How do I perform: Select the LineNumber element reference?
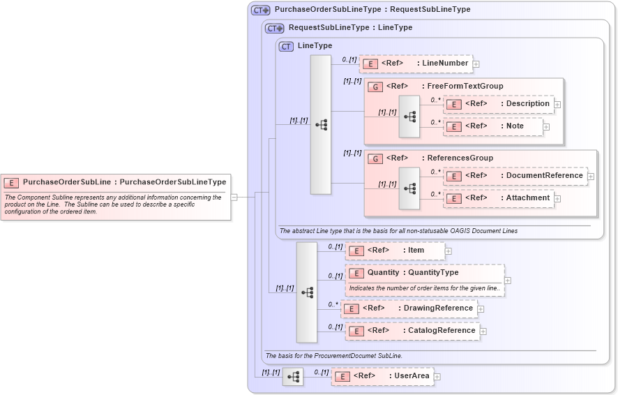point(416,64)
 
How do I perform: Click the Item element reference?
point(395,251)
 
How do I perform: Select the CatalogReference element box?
point(412,331)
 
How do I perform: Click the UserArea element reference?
point(382,376)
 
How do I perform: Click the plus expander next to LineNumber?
point(476,64)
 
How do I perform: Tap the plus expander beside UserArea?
point(437,377)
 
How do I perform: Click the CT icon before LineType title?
point(286,46)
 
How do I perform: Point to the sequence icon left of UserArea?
point(293,377)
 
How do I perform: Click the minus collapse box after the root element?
point(234,197)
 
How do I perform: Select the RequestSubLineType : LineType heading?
point(350,28)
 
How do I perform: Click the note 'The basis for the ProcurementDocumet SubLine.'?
point(334,356)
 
